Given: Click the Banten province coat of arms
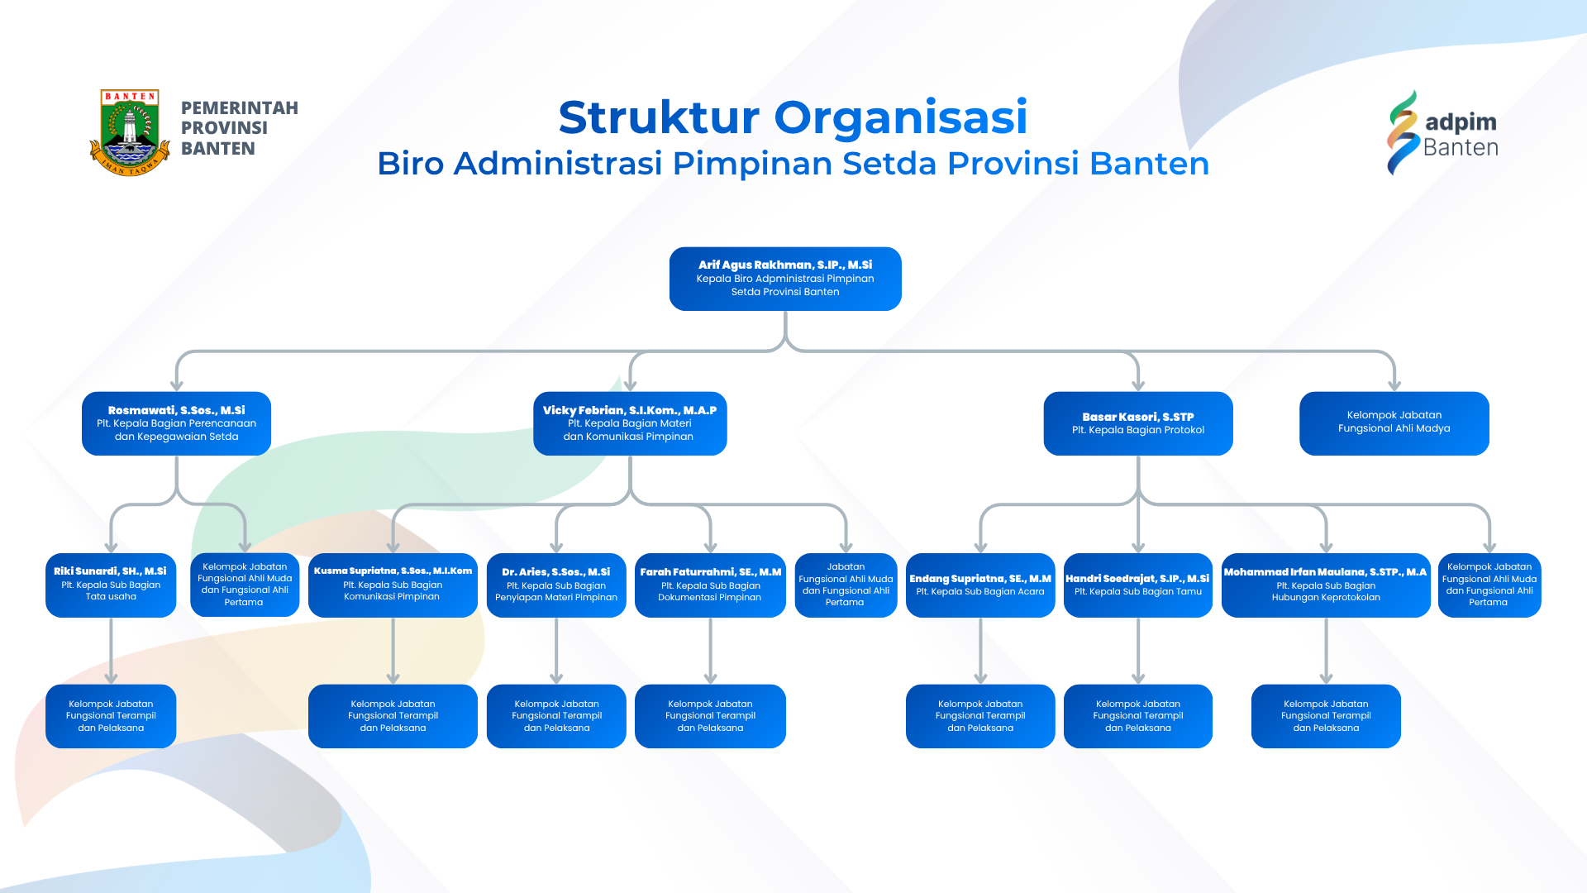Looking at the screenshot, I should click(131, 132).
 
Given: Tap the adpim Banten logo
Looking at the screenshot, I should click(1442, 133).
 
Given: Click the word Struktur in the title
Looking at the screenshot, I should click(658, 117).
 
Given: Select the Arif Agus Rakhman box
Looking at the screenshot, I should click(785, 279).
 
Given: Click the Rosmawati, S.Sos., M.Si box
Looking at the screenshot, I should click(176, 423).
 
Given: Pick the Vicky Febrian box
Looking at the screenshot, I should click(630, 423).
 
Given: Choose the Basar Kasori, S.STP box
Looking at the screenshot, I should click(1138, 423).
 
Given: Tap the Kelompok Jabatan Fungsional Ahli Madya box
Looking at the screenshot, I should click(1394, 423).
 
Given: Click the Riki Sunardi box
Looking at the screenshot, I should click(111, 585).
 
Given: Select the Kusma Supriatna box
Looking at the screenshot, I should click(393, 585).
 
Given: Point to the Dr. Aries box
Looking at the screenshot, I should click(556, 585).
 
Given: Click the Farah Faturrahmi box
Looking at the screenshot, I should click(710, 585).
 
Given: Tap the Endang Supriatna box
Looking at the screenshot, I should click(980, 585).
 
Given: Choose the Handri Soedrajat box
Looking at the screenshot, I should click(1138, 585).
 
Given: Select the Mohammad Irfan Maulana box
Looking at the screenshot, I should click(1326, 585).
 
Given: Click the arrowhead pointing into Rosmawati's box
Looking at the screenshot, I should click(176, 385).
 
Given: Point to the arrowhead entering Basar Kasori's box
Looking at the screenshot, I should click(1138, 385).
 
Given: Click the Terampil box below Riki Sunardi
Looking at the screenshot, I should click(111, 716).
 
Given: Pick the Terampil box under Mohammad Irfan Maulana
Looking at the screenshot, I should click(1326, 716).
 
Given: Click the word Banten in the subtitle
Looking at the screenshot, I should click(1149, 164).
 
